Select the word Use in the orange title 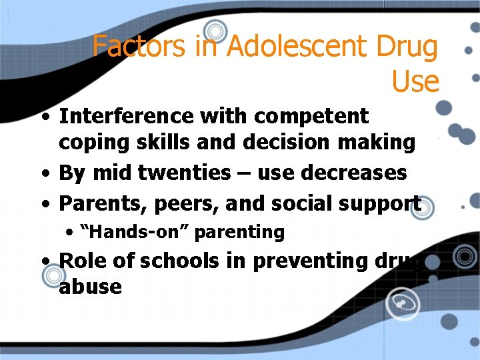pyautogui.click(x=415, y=81)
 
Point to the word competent pyautogui.click(x=311, y=116)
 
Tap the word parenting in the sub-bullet pyautogui.click(x=238, y=233)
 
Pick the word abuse pyautogui.click(x=90, y=287)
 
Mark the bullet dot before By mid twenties pyautogui.click(x=44, y=173)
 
